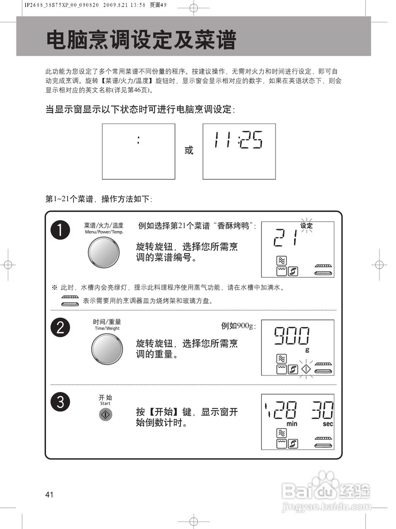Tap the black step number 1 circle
click(x=60, y=230)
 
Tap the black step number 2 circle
click(x=60, y=327)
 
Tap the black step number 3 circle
click(x=60, y=401)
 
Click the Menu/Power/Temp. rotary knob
click(x=104, y=253)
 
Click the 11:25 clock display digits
click(x=238, y=140)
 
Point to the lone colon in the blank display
click(x=138, y=140)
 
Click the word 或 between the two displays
click(x=189, y=150)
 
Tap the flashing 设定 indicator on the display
click(x=306, y=226)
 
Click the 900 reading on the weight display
click(x=292, y=336)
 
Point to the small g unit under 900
click(x=307, y=350)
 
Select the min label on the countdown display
click(x=292, y=424)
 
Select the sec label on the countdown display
click(x=327, y=424)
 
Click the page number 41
click(x=50, y=494)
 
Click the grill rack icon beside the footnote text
click(x=70, y=301)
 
